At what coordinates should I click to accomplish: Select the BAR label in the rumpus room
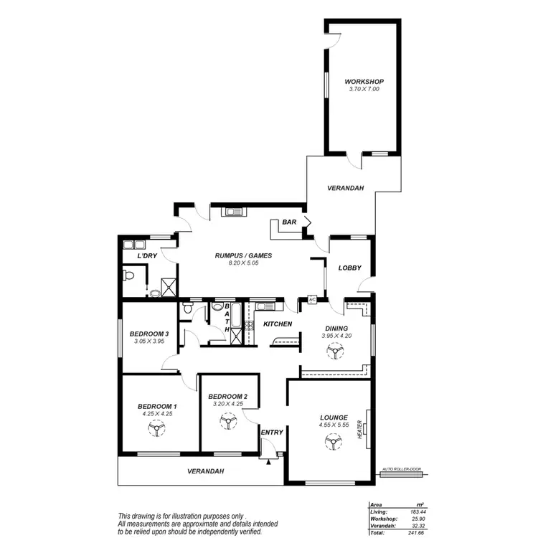tap(289, 222)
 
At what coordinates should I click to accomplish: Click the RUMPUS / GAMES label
tap(243, 255)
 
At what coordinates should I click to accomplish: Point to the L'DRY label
tap(147, 256)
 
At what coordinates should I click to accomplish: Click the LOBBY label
tap(349, 268)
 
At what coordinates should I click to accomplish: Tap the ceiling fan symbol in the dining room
tap(333, 351)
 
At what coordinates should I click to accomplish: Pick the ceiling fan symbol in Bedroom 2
tap(227, 423)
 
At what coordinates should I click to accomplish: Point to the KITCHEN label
tap(277, 325)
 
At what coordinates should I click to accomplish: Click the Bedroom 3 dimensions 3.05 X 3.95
tap(149, 341)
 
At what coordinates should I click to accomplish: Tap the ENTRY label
tap(273, 432)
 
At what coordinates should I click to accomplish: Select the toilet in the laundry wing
tap(130, 275)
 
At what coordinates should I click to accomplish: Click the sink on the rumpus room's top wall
tap(234, 211)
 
